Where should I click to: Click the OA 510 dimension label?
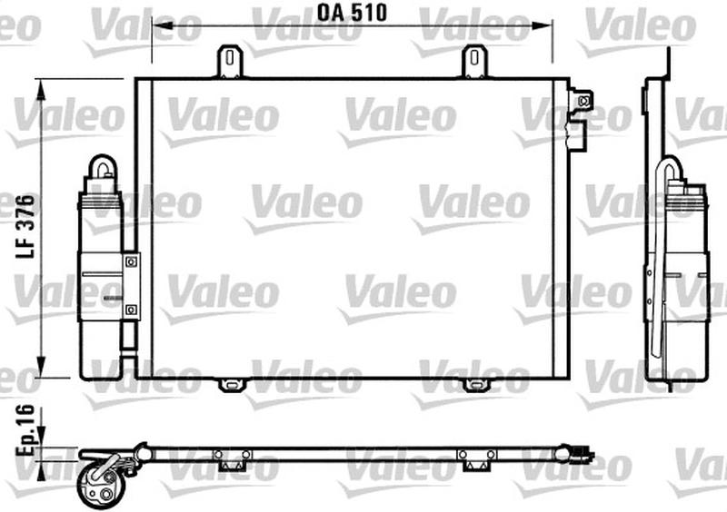(x=354, y=13)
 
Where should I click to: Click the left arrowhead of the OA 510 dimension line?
(x=155, y=28)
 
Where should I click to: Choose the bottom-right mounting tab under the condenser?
(x=474, y=385)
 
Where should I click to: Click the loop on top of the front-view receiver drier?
(x=101, y=168)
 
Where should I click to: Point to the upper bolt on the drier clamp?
(x=132, y=261)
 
